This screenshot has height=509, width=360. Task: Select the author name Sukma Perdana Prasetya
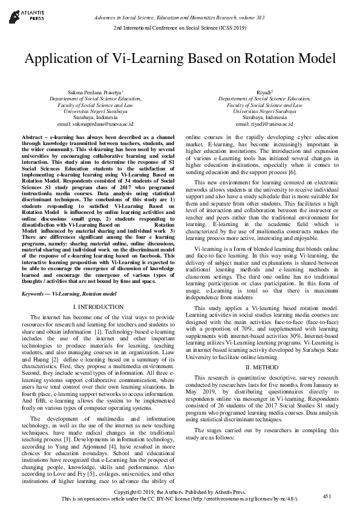[x=94, y=91]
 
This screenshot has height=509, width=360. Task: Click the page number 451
[x=327, y=495]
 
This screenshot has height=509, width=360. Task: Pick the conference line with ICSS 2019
[x=180, y=28]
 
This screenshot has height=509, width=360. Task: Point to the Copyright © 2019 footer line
[x=180, y=493]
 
